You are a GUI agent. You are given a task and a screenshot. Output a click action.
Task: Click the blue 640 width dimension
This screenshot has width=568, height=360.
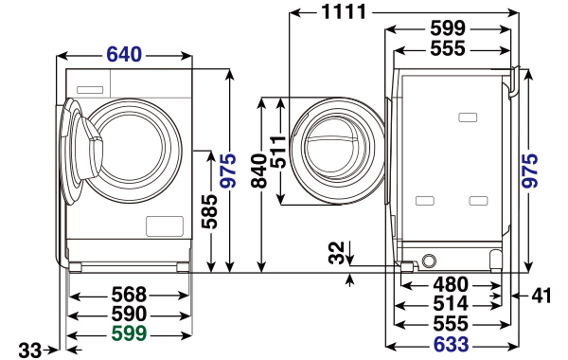coord(124,55)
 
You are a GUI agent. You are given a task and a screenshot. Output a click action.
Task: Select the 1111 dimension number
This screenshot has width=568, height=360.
coord(344,12)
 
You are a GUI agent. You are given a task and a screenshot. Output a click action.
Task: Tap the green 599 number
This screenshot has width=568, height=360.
coord(129,333)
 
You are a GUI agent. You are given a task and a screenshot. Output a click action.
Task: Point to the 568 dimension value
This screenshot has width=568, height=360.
coord(129,295)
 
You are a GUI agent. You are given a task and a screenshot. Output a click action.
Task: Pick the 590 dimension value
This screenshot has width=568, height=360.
coord(129,314)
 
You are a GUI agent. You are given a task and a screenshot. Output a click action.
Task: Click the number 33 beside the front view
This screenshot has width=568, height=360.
coord(30,351)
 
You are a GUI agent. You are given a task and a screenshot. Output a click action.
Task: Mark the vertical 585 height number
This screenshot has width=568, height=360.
coord(210,211)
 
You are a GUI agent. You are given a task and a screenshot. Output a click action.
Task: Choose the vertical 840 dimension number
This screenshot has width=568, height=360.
coord(259,171)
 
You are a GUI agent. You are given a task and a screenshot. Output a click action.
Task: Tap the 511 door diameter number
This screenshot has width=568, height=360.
coord(278,152)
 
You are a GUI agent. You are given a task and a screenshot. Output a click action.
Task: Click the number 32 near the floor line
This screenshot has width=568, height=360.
coord(336,253)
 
